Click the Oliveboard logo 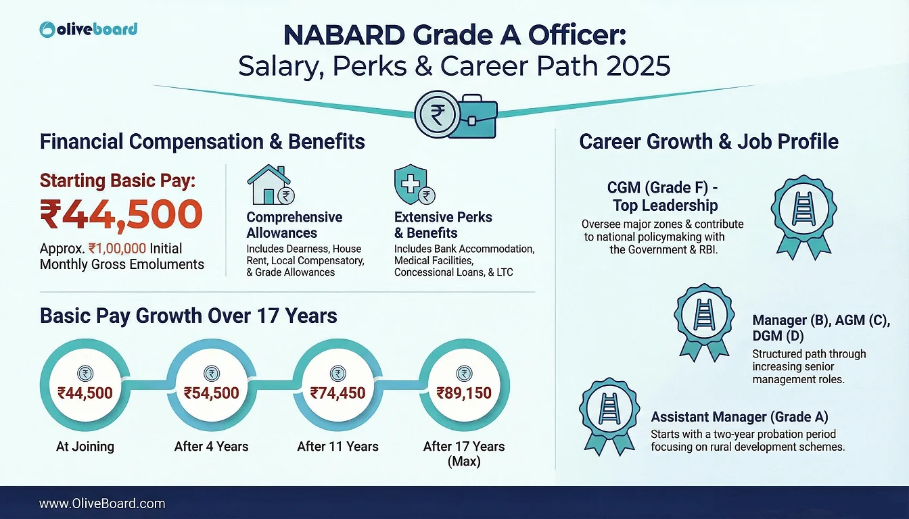click(89, 30)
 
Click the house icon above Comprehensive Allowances click(271, 184)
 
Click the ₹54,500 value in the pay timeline click(212, 393)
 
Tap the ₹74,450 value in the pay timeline click(337, 393)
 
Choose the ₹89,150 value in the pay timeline click(464, 393)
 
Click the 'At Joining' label click(85, 447)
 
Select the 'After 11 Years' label click(337, 447)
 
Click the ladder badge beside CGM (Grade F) click(803, 217)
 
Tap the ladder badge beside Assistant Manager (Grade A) click(609, 416)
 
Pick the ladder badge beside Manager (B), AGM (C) click(705, 322)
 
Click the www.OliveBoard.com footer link click(102, 503)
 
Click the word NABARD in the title click(344, 35)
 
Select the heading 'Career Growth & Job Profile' click(709, 141)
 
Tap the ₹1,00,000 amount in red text click(117, 248)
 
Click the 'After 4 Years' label click(212, 447)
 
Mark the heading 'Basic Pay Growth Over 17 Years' click(188, 316)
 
